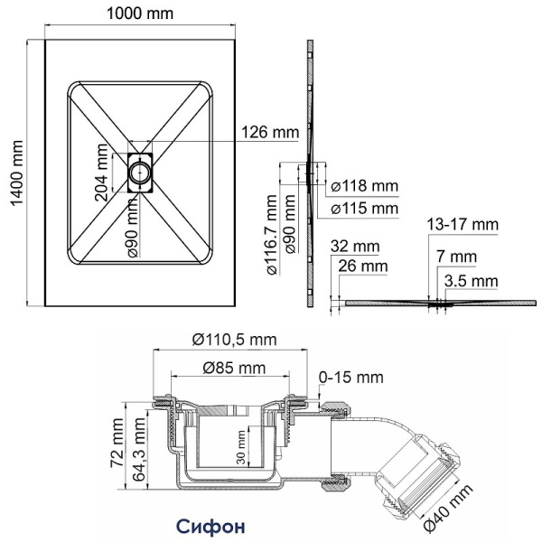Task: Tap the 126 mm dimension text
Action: pos(268,133)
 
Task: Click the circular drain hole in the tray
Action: pos(141,168)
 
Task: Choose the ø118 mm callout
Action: pos(364,186)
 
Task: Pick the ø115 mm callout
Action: pos(364,209)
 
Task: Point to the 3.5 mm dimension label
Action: pos(472,281)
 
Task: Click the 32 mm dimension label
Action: pos(354,245)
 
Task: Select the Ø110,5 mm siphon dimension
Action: pos(234,340)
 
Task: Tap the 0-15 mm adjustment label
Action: pos(351,376)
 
